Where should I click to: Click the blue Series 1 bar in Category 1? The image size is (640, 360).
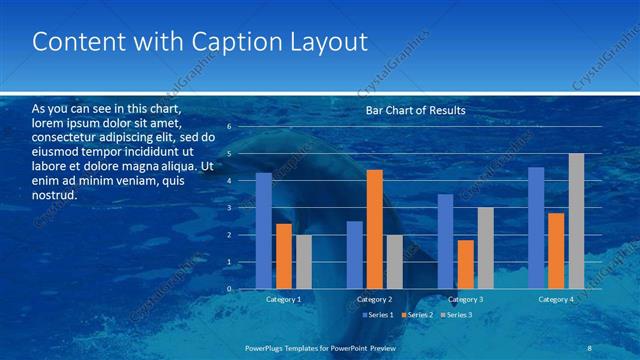pos(263,231)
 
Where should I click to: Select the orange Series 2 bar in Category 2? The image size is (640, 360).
pos(374,229)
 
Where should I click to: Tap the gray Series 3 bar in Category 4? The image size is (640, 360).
pos(576,221)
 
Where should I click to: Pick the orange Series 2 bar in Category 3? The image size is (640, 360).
pos(465,264)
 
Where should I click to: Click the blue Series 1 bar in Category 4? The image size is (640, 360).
pos(536,228)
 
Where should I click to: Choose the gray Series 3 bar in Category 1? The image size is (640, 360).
pos(303,262)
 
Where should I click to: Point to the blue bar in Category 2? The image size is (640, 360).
pos(354,255)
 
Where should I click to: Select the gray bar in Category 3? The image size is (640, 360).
pos(485,248)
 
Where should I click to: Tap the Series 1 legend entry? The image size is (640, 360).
pos(378,315)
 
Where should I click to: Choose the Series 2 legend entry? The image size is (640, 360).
pos(417,315)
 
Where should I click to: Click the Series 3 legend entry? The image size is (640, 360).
pos(456,315)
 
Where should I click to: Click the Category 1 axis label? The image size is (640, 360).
pos(283,299)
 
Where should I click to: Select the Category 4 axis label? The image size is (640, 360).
pos(556,299)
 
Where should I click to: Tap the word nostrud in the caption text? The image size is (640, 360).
pos(55,195)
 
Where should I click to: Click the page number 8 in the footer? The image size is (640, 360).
pos(589,347)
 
